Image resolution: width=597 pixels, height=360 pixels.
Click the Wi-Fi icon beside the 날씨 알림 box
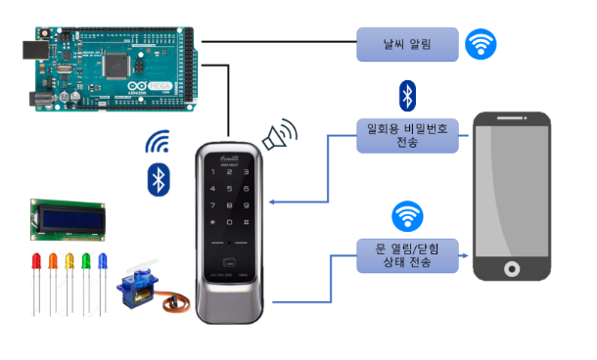[481, 43]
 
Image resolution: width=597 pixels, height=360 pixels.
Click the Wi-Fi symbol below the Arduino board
[158, 144]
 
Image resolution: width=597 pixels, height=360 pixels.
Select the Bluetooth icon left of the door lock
[158, 179]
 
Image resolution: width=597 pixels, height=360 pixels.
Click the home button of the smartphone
[510, 269]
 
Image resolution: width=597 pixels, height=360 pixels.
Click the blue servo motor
[137, 290]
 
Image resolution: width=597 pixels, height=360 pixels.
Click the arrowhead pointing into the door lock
[273, 203]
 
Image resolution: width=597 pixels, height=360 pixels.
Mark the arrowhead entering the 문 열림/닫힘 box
[351, 256]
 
